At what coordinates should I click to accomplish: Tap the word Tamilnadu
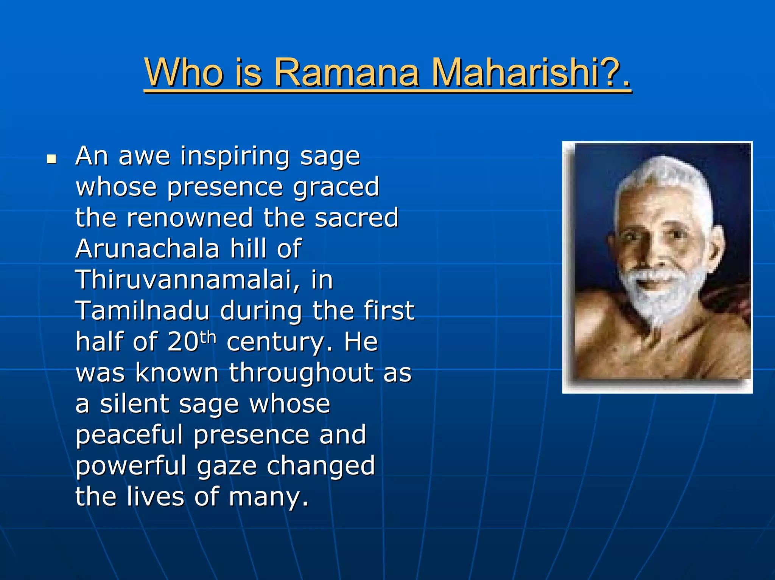pyautogui.click(x=142, y=311)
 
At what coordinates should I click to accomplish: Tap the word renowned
pyautogui.click(x=190, y=218)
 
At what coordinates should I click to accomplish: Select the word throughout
pyautogui.click(x=301, y=373)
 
